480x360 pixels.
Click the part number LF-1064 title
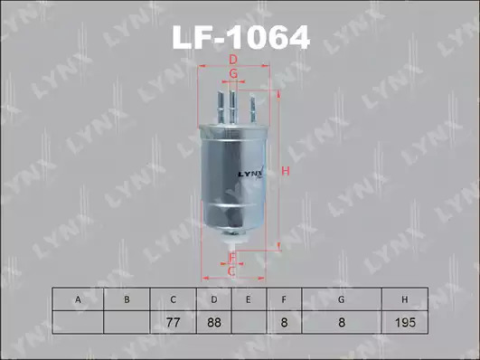(241, 37)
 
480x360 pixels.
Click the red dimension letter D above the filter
(233, 60)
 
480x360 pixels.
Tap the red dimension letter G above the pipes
(233, 73)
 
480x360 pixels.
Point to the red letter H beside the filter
(286, 171)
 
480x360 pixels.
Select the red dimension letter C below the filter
(231, 271)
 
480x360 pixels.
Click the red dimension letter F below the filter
(232, 258)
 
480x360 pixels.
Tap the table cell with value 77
(173, 322)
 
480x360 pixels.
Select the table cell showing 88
(214, 322)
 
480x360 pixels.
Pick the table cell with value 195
(405, 322)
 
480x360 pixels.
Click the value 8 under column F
(284, 322)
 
